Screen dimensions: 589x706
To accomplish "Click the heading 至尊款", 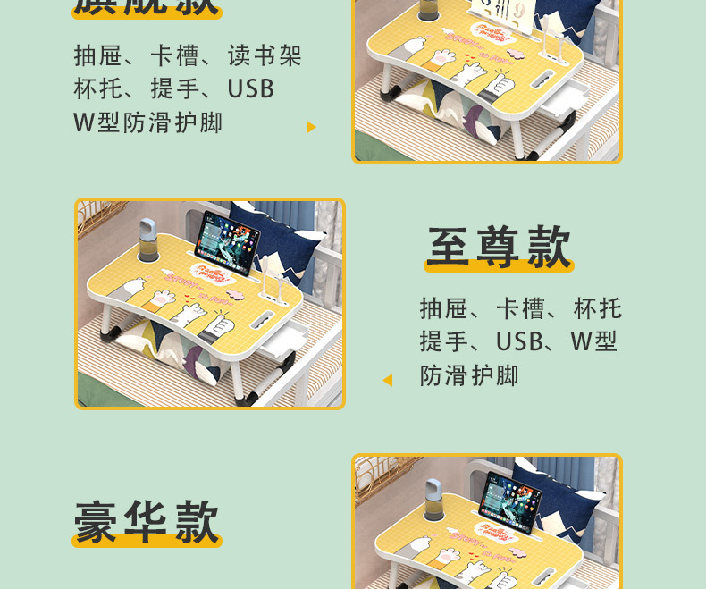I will (x=499, y=248).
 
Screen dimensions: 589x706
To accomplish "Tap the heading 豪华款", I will (x=147, y=521).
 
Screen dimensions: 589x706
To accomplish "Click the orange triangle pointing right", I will (x=311, y=127).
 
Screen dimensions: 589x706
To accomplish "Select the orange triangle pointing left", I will (x=387, y=380).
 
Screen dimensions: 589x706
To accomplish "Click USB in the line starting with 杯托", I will (x=250, y=89).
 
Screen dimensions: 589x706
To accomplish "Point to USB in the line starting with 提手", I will (x=519, y=342).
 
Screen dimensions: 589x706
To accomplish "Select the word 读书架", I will (x=265, y=57).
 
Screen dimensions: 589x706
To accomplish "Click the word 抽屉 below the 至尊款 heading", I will (x=444, y=309).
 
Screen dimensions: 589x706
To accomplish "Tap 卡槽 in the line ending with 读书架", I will (x=174, y=57).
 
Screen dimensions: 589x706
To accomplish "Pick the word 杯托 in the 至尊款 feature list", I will (x=598, y=309).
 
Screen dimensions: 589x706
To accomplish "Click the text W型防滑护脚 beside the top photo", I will (x=148, y=122).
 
